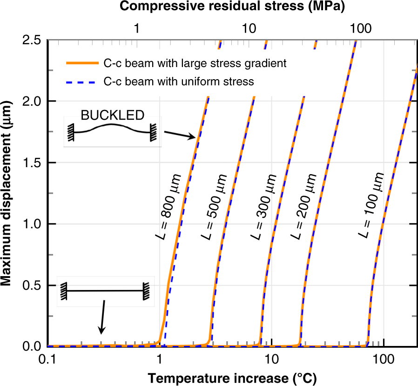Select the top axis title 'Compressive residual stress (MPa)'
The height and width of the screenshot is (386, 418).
point(231,7)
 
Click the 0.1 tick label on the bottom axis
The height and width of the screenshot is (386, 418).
point(47,360)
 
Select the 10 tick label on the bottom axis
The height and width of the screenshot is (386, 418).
point(271,360)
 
